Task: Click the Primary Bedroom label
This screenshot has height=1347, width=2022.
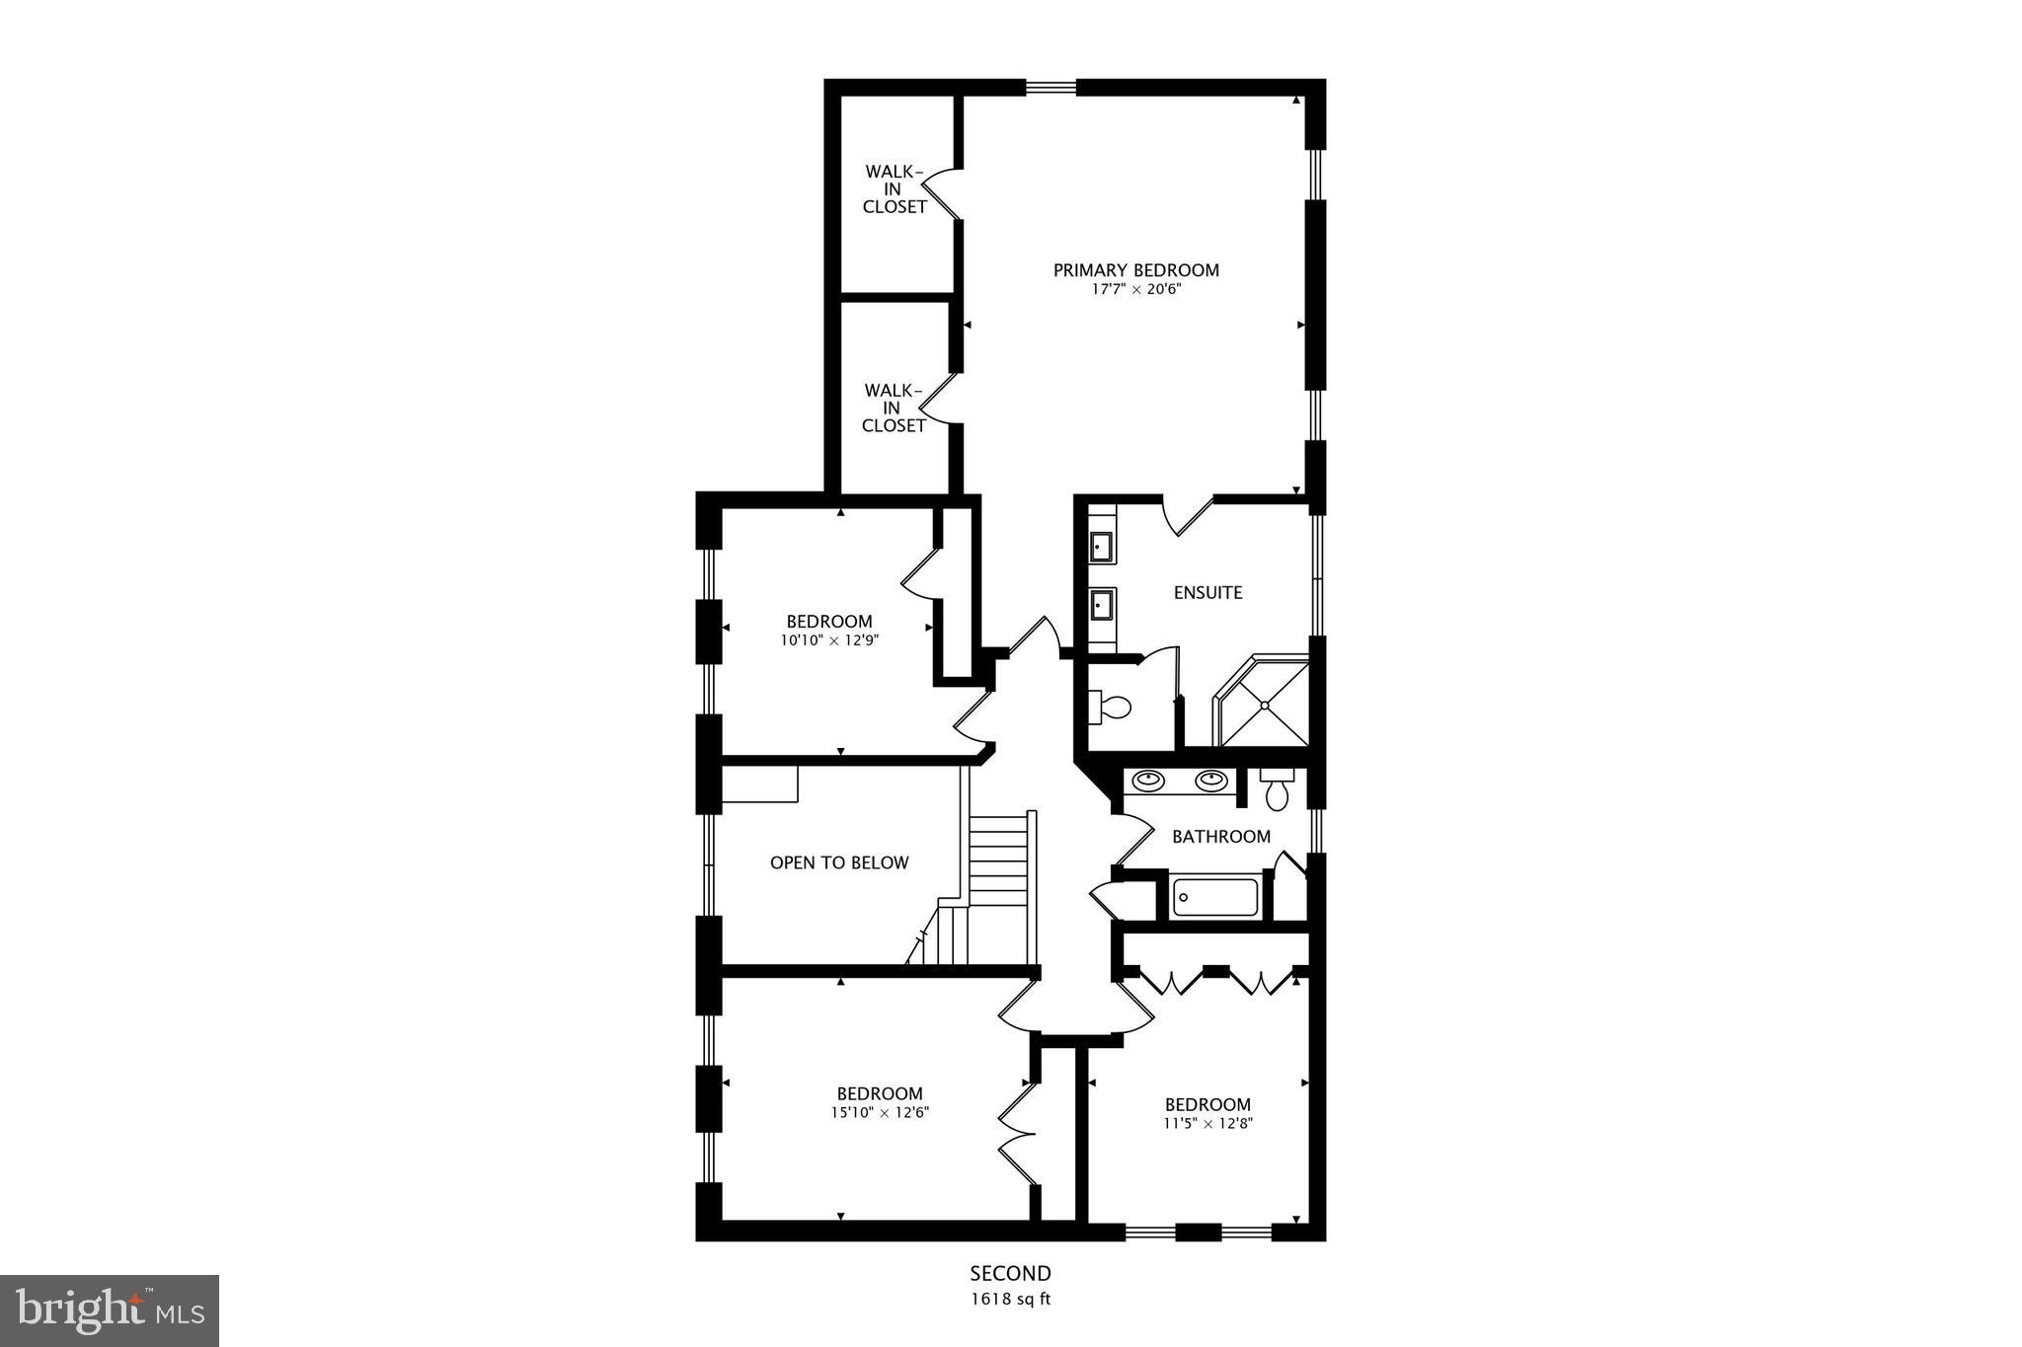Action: pyautogui.click(x=1135, y=270)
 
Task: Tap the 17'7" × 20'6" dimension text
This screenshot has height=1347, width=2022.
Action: pyautogui.click(x=1135, y=290)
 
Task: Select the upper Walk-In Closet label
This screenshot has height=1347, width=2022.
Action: pyautogui.click(x=894, y=189)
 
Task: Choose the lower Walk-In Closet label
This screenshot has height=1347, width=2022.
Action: pyautogui.click(x=894, y=409)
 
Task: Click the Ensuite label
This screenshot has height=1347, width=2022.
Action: pyautogui.click(x=1207, y=593)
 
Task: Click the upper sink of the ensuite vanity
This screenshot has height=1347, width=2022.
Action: pyautogui.click(x=1101, y=545)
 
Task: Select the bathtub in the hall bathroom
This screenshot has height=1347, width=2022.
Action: pyautogui.click(x=1214, y=897)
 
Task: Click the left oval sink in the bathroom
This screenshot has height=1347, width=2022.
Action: pyautogui.click(x=1146, y=781)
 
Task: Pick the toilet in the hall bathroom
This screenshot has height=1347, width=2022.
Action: pyautogui.click(x=1278, y=791)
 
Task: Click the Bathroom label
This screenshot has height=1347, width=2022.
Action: pyautogui.click(x=1221, y=837)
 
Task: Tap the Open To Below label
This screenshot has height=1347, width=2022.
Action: pyautogui.click(x=839, y=862)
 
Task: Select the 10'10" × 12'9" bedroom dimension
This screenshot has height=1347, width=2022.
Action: pyautogui.click(x=829, y=639)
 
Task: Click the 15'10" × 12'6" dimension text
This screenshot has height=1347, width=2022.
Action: pyautogui.click(x=880, y=1112)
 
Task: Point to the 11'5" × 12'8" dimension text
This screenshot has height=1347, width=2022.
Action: pyautogui.click(x=1207, y=1123)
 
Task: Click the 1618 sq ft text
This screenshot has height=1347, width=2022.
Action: pyautogui.click(x=1010, y=1300)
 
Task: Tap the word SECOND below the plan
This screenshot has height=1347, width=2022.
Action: pyautogui.click(x=1010, y=1274)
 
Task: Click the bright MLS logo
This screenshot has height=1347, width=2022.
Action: pyautogui.click(x=110, y=1310)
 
